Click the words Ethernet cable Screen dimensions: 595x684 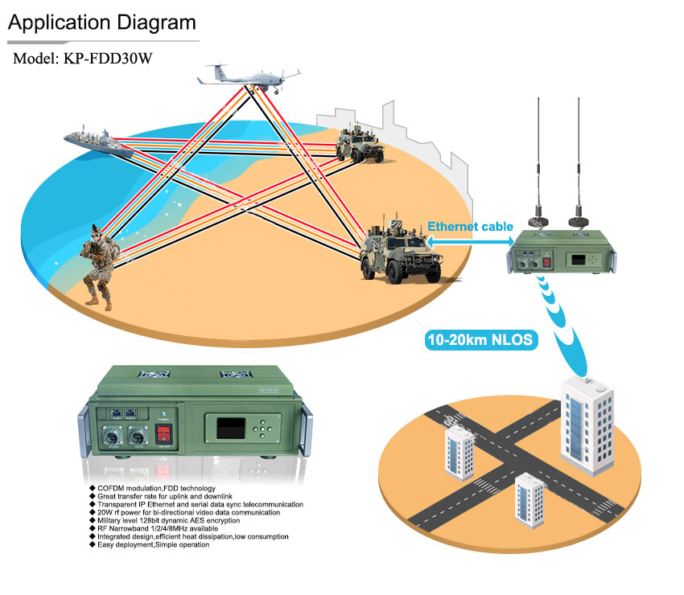(x=470, y=227)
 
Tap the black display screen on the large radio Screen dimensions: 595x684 (x=229, y=426)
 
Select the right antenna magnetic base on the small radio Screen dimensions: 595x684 (x=577, y=220)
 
